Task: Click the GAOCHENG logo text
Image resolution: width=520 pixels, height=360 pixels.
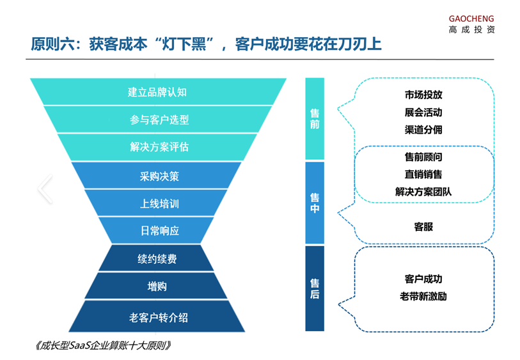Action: [471, 19]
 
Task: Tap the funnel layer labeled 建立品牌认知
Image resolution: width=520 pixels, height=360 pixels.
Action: [158, 92]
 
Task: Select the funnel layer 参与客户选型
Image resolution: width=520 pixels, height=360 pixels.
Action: [158, 120]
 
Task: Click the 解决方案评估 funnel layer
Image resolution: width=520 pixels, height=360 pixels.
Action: [158, 147]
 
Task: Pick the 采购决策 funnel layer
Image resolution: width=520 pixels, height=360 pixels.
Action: [157, 175]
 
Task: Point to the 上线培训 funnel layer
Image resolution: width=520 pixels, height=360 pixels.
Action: [157, 203]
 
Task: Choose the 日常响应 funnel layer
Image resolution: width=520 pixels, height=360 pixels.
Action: [157, 230]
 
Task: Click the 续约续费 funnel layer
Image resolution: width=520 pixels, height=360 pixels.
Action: [157, 258]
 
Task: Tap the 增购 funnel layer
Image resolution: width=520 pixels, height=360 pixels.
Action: [157, 286]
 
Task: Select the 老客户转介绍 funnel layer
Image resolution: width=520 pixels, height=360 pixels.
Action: [157, 317]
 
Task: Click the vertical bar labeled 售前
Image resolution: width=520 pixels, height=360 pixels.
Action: [315, 119]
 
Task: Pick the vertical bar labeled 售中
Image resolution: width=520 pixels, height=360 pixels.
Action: [315, 203]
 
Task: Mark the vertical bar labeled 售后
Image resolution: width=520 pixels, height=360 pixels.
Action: [315, 288]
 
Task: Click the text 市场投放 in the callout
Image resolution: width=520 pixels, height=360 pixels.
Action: [423, 95]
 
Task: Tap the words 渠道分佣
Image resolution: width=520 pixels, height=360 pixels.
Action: [423, 130]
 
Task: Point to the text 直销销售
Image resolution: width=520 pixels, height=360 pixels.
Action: [423, 175]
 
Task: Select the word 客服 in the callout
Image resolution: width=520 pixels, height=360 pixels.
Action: [423, 227]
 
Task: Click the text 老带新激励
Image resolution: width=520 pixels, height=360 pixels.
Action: [423, 296]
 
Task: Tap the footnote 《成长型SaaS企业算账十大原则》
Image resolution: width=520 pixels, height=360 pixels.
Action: [103, 346]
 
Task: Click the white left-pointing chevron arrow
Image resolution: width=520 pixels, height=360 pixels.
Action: [45, 189]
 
